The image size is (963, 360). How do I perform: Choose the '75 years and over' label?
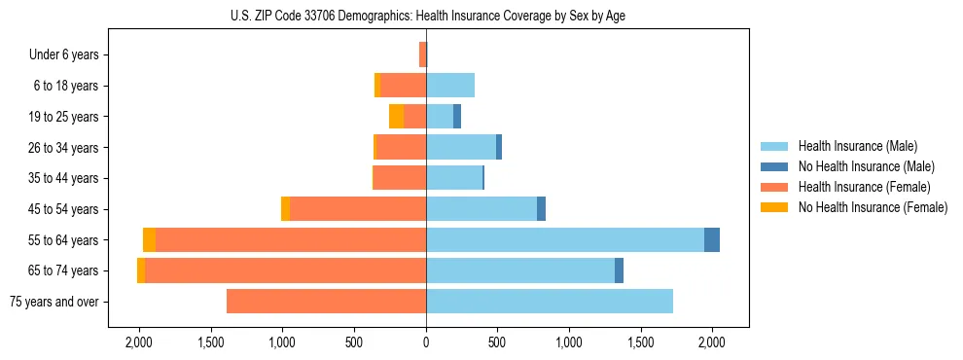[x=53, y=302]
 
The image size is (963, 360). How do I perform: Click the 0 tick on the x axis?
[x=425, y=343]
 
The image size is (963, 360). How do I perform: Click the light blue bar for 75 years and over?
[x=550, y=302]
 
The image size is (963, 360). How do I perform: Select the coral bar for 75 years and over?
[x=326, y=302]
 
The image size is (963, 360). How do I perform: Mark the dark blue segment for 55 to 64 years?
[x=712, y=240]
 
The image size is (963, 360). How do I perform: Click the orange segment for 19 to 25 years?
[x=396, y=117]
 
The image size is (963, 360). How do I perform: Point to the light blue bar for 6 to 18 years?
[x=450, y=86]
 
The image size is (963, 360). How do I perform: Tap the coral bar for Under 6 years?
[x=422, y=55]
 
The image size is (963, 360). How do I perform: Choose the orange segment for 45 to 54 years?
[x=285, y=209]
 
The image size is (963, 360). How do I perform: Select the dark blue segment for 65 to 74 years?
[x=619, y=270]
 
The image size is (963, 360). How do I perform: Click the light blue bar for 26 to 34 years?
[x=461, y=148]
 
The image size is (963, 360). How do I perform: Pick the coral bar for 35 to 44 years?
[x=400, y=178]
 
